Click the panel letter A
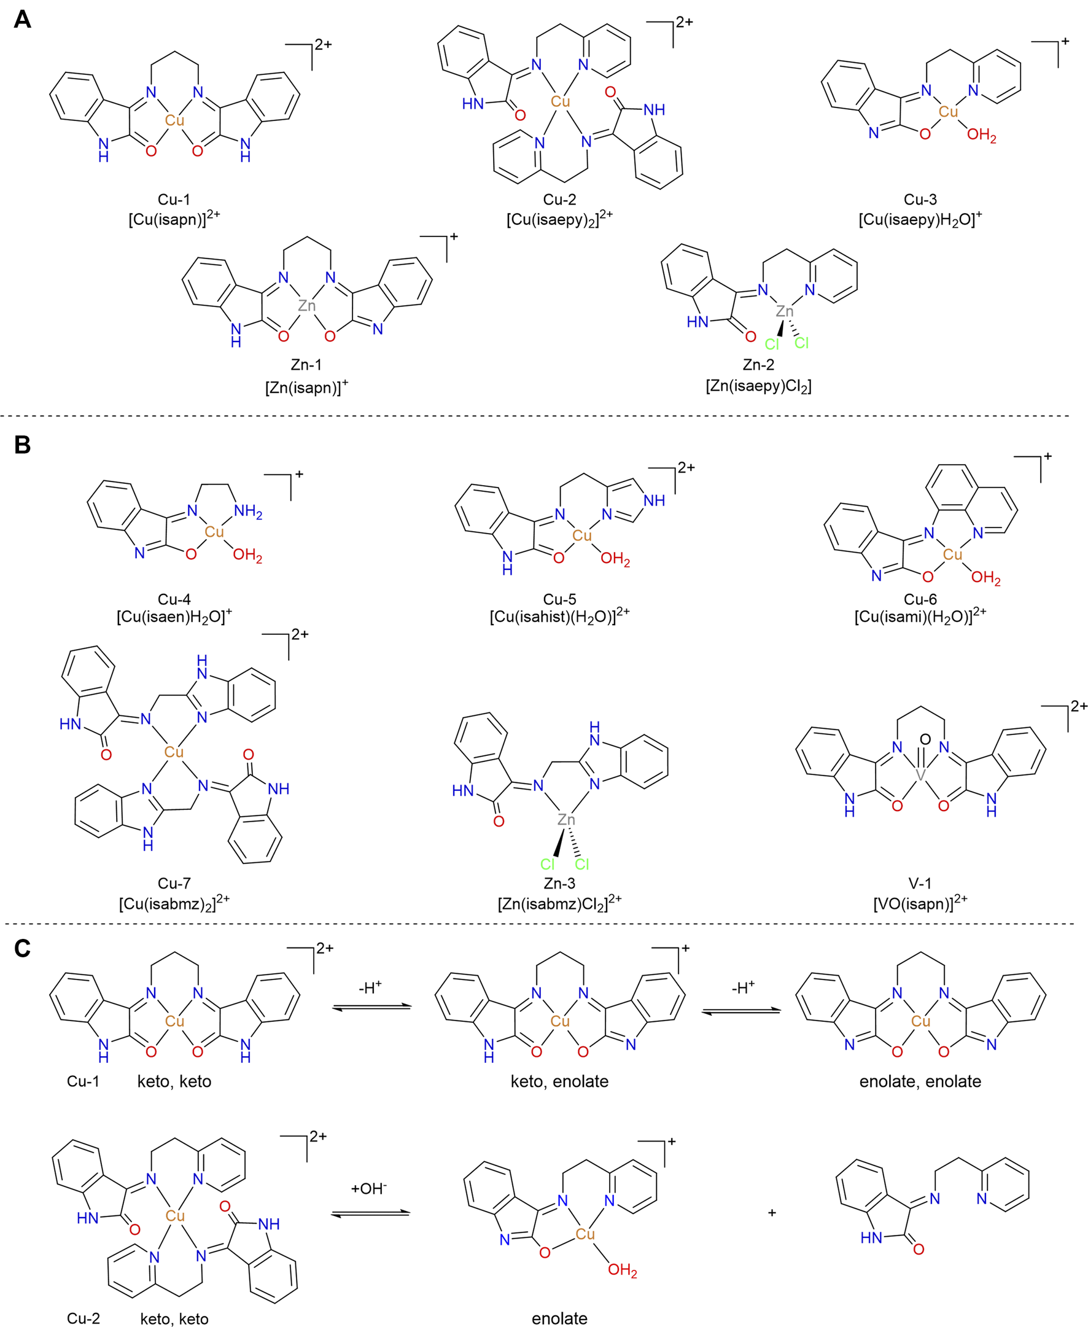22,20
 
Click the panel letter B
22,445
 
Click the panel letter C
22,948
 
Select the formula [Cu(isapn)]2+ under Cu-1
174,219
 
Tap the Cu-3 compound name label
919,200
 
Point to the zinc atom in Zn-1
306,305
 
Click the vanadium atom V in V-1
920,776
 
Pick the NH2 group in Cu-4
247,512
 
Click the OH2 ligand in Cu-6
985,578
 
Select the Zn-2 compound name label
758,365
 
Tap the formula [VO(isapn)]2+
919,903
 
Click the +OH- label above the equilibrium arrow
369,1188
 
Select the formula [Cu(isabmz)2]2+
174,903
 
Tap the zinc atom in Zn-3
566,819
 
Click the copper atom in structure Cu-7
174,752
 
